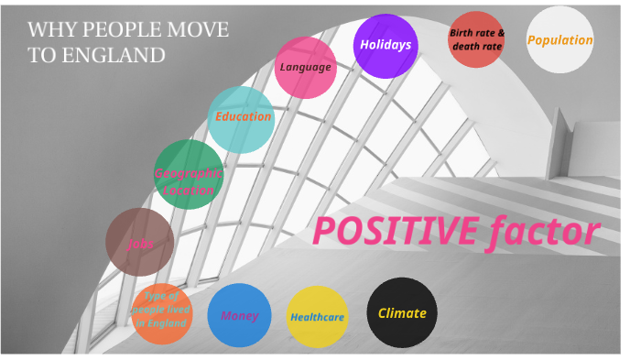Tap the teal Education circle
coord(242,118)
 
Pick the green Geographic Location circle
coord(189,175)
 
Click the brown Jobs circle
coord(139,243)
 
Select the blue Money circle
coord(240,316)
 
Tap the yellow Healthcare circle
coord(318,317)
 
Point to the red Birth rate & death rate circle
coord(477,39)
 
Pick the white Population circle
coord(560,40)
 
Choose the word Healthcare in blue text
coord(318,318)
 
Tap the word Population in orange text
coord(560,40)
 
